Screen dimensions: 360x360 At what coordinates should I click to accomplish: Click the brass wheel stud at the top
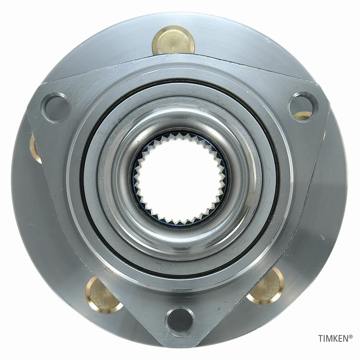coord(173,40)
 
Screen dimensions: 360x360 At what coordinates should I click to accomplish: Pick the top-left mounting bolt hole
coord(56,107)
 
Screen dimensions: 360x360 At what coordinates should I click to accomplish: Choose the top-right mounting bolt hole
coord(303,105)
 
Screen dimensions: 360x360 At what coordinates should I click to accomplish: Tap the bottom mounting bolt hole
coord(180,322)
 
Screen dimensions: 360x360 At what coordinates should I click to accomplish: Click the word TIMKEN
coord(333,339)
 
